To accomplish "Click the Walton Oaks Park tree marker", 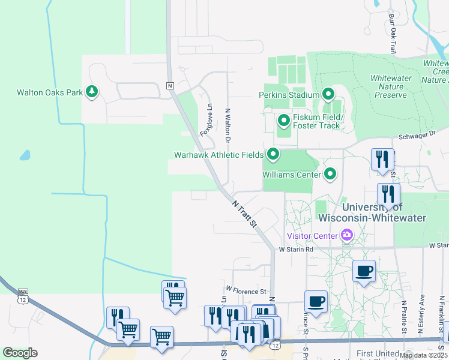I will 92,92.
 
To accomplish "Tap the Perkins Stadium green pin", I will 328,94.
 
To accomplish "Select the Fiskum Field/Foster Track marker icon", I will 284,121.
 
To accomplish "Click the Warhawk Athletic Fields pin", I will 273,155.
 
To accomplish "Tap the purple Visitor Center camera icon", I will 346,235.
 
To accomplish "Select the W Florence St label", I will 246,291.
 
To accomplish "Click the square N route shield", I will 170,86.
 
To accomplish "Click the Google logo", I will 20,353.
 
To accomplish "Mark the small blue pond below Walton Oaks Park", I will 25,155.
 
